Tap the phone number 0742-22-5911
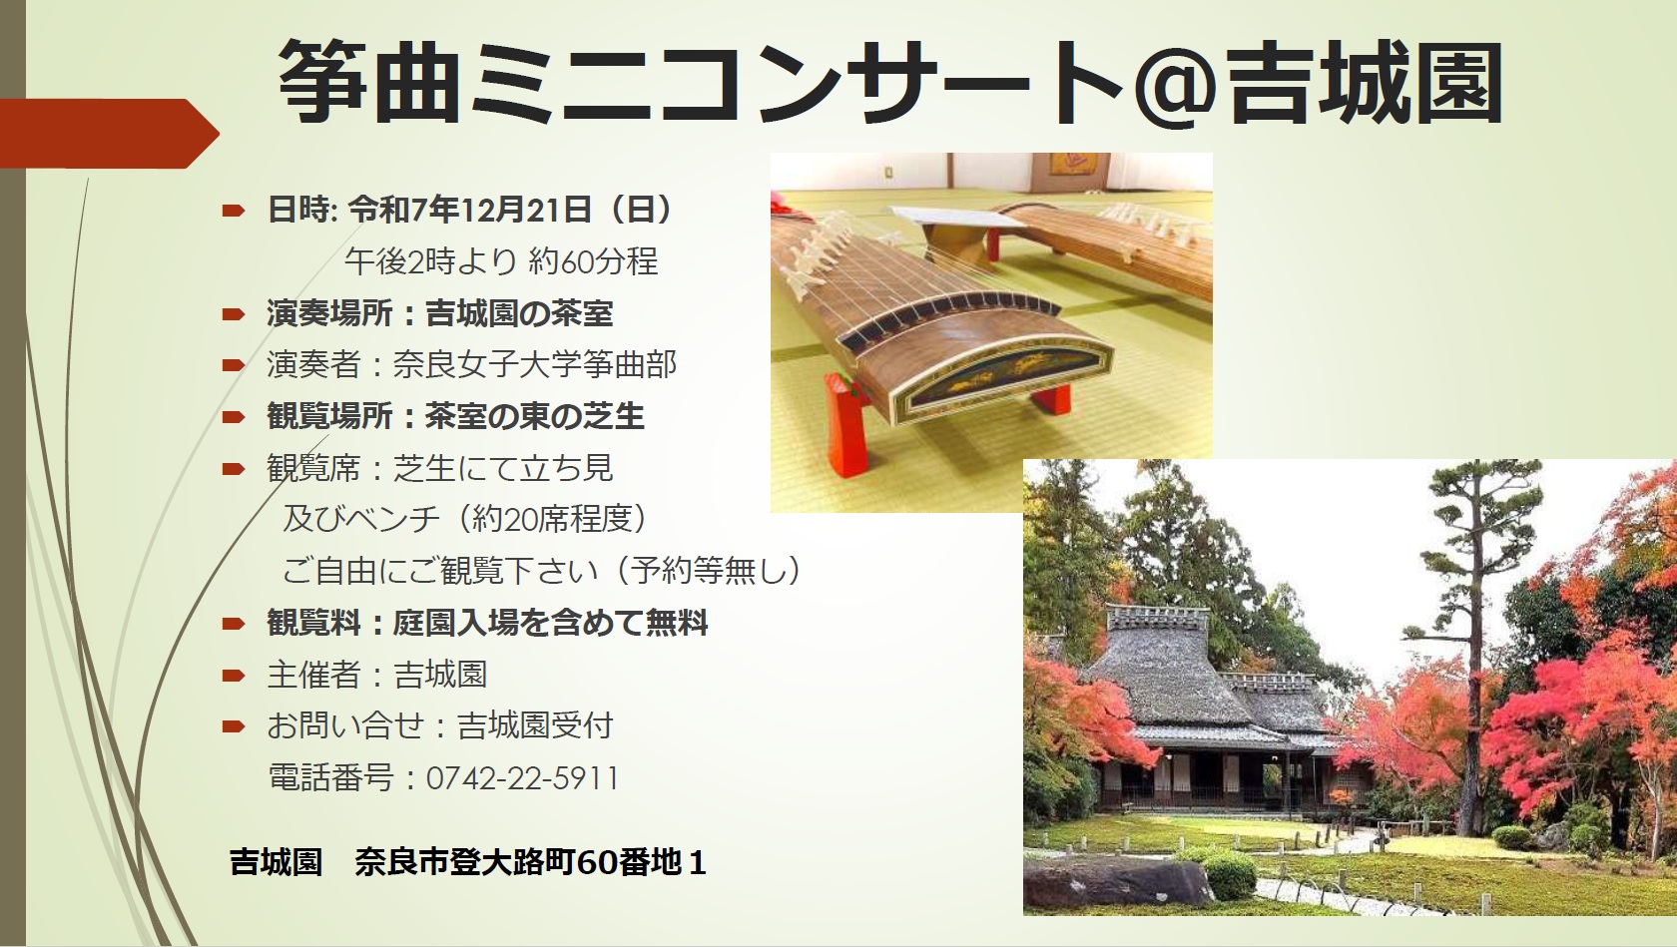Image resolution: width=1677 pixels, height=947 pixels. pyautogui.click(x=523, y=778)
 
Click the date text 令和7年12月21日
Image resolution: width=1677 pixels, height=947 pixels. pyautogui.click(x=470, y=210)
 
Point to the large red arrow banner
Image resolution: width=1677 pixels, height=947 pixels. pyautogui.click(x=110, y=134)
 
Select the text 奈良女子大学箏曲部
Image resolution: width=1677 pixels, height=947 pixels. pyautogui.click(x=535, y=364)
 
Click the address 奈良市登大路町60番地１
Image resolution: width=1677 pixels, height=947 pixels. pyautogui.click(x=530, y=862)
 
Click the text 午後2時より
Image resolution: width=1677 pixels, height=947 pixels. pyautogui.click(x=430, y=262)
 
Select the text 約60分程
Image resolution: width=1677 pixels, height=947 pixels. pyautogui.click(x=593, y=262)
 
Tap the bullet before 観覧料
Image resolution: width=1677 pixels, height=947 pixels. pyautogui.click(x=233, y=624)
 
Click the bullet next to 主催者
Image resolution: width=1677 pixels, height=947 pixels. pyautogui.click(x=233, y=676)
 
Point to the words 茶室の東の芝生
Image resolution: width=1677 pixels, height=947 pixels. pyautogui.click(x=535, y=416)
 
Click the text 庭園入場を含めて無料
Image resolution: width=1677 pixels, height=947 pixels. pyautogui.click(x=550, y=623)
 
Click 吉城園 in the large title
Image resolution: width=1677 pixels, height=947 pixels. pyautogui.click(x=1364, y=84)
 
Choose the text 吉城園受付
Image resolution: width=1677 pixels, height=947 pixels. pyautogui.click(x=535, y=726)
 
